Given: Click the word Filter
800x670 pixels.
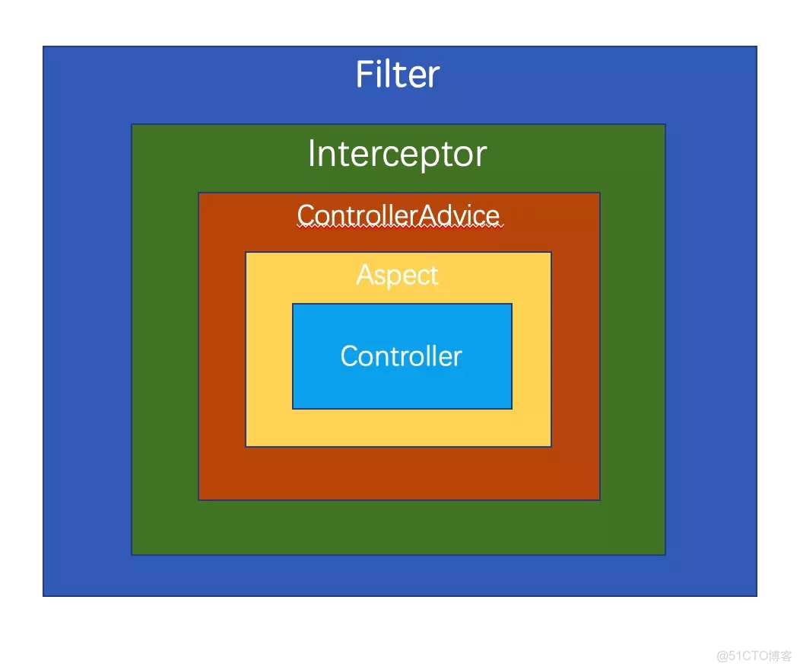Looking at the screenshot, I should (x=398, y=75).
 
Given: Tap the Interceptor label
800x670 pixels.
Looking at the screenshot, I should (x=397, y=154).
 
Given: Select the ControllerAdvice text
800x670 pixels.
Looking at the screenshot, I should (x=398, y=215).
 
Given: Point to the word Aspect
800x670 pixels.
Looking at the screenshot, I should (x=398, y=275).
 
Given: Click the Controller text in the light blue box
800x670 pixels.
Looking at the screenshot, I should (x=401, y=356).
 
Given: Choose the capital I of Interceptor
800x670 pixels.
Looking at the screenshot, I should (x=312, y=154).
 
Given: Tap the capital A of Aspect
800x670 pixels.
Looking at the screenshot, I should (x=365, y=274).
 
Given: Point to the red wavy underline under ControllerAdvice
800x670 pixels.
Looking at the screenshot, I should (x=398, y=227).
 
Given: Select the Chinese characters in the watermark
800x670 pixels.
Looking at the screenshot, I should (x=780, y=656).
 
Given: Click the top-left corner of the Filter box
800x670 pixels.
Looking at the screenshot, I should (x=43, y=46).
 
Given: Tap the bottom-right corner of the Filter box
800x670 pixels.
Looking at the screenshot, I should (x=757, y=595).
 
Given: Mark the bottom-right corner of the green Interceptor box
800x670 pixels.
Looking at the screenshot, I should (x=665, y=554).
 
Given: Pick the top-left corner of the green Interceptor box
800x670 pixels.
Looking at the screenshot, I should (x=132, y=124).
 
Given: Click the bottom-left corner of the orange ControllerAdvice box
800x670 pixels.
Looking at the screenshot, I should (x=198, y=500).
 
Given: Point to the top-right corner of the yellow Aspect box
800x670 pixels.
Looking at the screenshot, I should (x=551, y=252).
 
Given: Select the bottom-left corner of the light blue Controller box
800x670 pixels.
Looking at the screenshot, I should (x=293, y=409).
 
